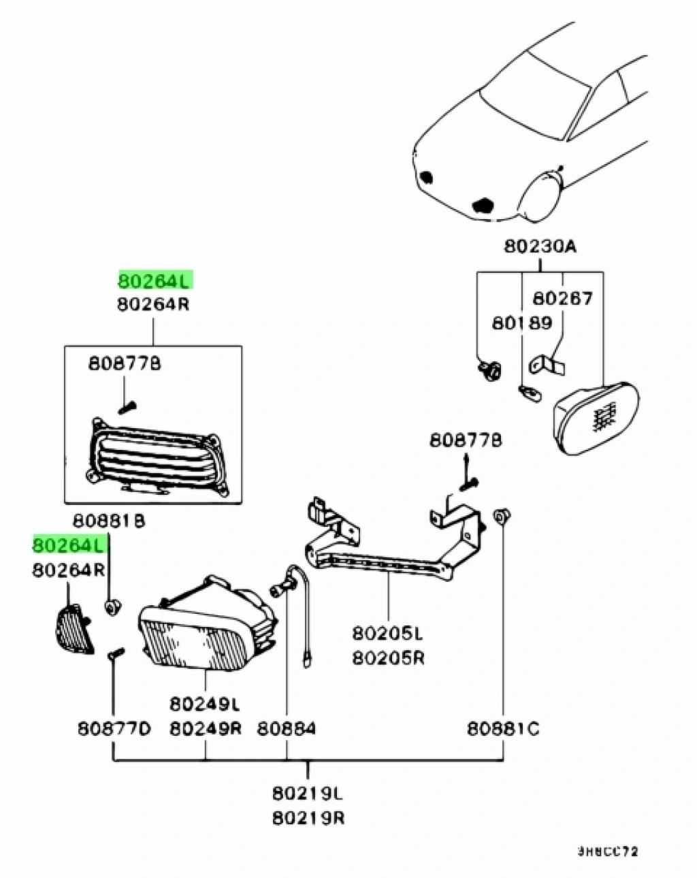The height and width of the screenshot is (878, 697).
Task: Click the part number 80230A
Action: click(540, 246)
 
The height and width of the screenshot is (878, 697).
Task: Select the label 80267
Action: click(562, 298)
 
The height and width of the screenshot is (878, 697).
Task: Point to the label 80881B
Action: click(109, 521)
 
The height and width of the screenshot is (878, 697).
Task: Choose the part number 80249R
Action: click(205, 728)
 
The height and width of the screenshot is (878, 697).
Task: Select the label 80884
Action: click(286, 728)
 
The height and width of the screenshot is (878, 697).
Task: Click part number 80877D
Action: click(113, 728)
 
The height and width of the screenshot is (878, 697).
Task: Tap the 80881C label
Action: click(503, 728)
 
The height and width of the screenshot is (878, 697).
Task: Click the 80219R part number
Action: click(308, 816)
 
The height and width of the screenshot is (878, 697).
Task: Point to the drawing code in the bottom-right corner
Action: click(608, 851)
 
